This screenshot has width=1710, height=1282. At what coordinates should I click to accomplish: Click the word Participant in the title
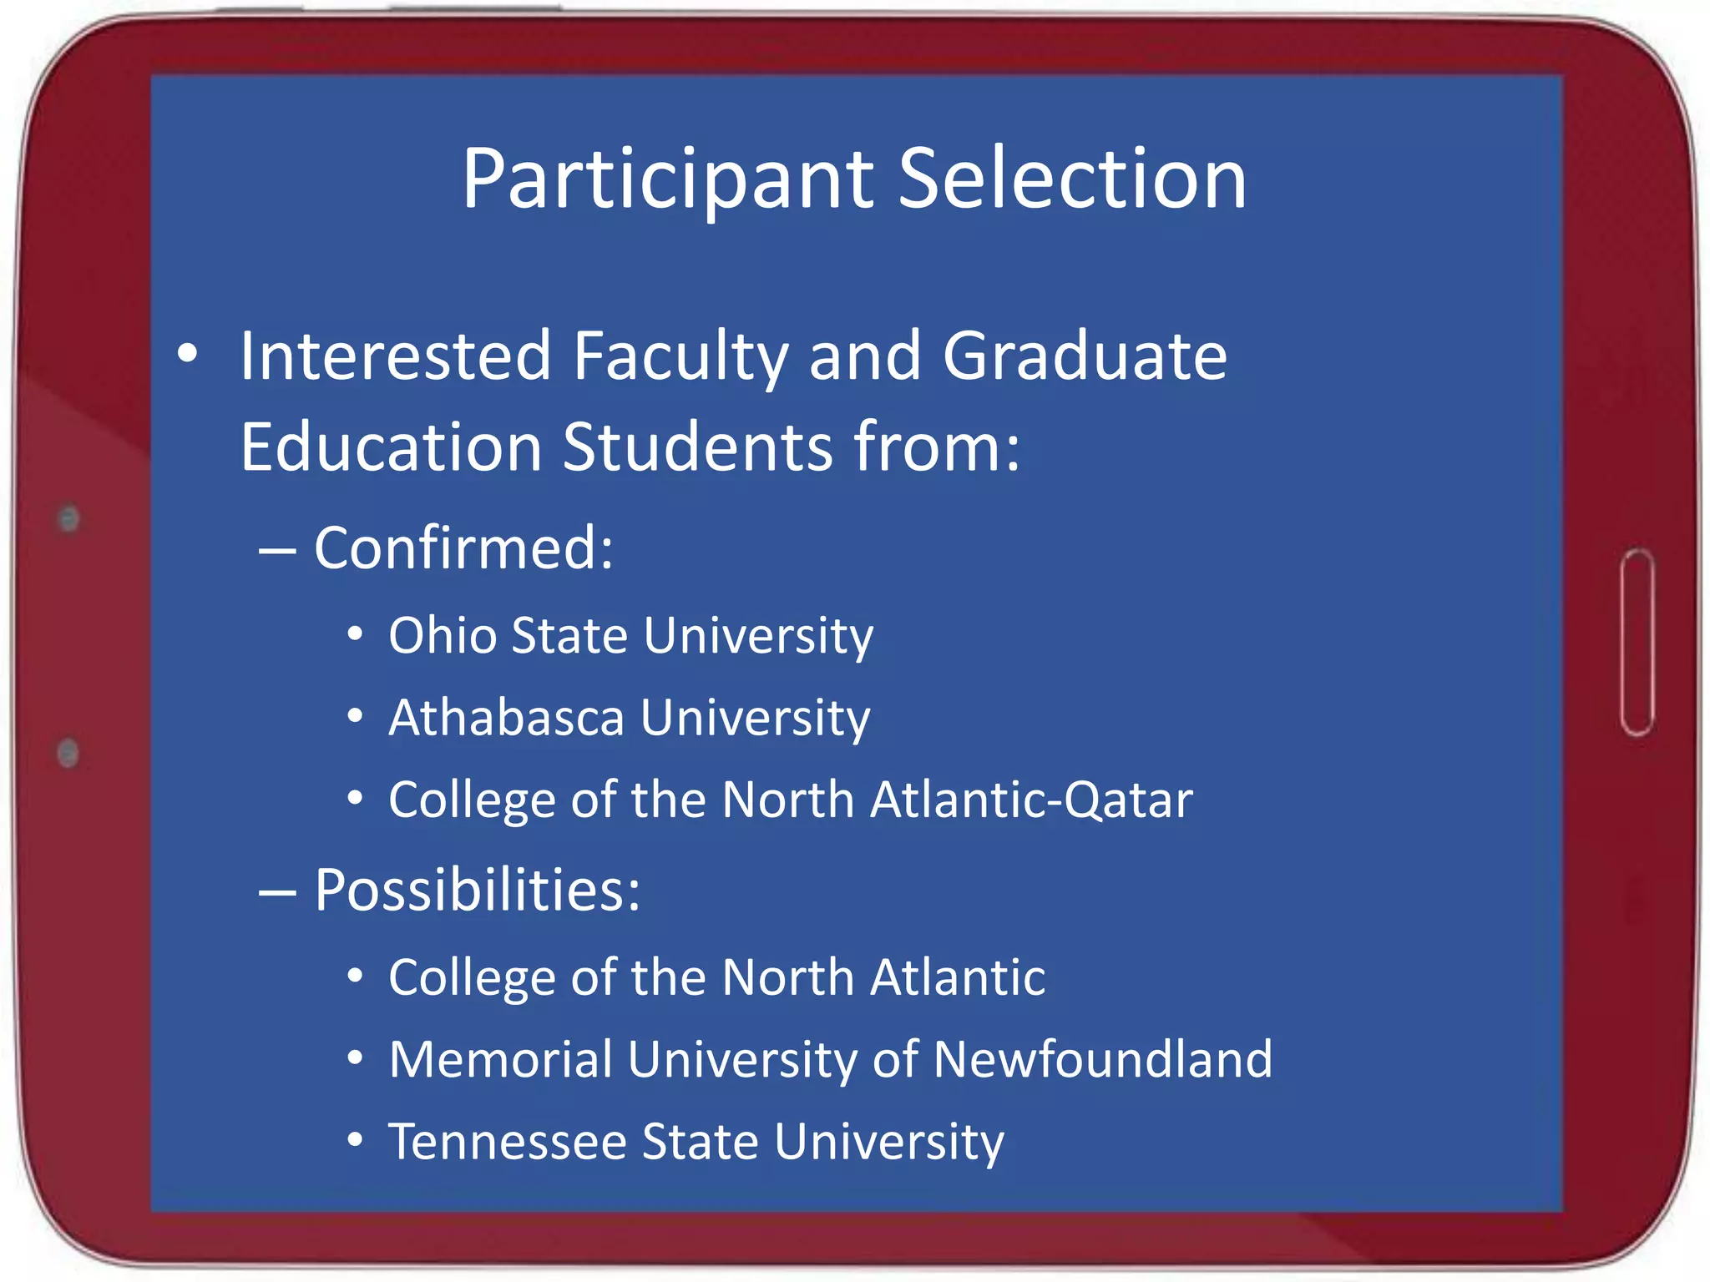coord(668,179)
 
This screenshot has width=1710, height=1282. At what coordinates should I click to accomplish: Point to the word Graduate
coord(1085,356)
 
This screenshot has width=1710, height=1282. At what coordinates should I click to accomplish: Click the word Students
coord(698,447)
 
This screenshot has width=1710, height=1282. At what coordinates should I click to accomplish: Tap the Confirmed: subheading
coord(463,548)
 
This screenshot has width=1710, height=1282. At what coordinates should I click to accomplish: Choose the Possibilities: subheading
coord(477,890)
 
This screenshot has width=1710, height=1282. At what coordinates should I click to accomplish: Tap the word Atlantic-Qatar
coord(1031,800)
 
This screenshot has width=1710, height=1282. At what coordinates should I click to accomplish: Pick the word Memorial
coord(500,1059)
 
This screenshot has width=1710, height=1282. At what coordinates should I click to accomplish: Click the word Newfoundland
coord(1103,1059)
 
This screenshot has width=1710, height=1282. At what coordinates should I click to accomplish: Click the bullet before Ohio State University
coord(356,635)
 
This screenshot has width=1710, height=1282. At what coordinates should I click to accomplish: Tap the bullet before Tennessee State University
coord(356,1141)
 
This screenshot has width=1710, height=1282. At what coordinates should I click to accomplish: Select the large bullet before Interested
coord(188,354)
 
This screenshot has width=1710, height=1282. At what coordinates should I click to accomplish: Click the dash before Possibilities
coord(277,892)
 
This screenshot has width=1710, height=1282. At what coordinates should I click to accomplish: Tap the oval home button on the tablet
coord(1637,643)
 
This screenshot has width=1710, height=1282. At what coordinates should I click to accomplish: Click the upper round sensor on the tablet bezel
coord(68,519)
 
